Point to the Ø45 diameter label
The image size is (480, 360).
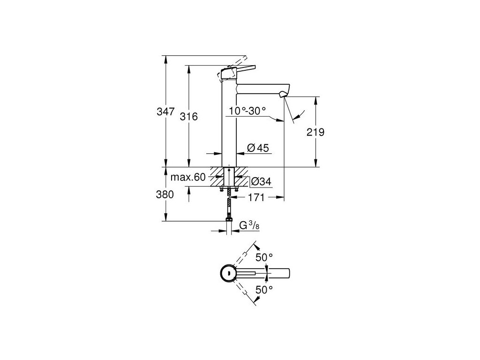(x=257, y=148)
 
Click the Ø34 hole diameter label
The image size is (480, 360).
(x=262, y=181)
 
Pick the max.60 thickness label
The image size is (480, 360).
(x=188, y=177)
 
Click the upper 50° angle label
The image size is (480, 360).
(x=264, y=257)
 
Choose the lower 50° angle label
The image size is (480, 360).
(x=264, y=290)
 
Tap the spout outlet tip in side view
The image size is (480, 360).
(x=283, y=95)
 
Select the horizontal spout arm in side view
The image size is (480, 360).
(x=261, y=88)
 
